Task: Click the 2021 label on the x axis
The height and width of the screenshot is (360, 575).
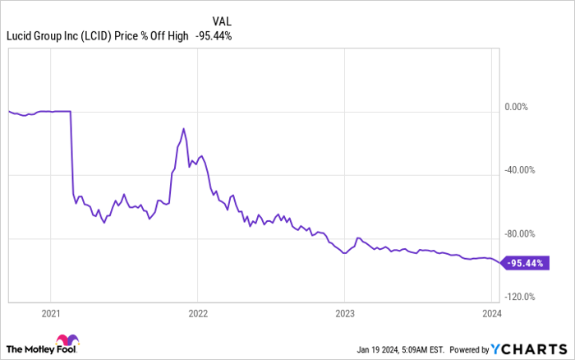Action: click(51, 314)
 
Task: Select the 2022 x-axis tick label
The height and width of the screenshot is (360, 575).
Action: click(198, 314)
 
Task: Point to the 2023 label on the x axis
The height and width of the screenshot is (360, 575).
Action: click(345, 314)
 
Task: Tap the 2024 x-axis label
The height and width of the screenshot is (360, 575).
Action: click(492, 314)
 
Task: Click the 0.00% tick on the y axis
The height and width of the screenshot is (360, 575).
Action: click(517, 107)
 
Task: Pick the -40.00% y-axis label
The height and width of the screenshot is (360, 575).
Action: click(519, 170)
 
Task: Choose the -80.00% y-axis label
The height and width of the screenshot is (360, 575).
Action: click(519, 233)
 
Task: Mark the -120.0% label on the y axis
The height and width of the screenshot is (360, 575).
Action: click(520, 297)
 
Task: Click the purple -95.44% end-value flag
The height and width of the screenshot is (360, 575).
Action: click(525, 263)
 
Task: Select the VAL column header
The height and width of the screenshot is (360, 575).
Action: click(222, 21)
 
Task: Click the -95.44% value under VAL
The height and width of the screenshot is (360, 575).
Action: click(214, 36)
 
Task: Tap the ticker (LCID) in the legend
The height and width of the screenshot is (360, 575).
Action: click(96, 36)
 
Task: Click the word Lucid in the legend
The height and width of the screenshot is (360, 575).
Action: click(19, 36)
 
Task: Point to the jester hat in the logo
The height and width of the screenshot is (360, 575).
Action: click(67, 339)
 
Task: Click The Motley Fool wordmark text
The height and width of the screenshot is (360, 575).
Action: click(41, 349)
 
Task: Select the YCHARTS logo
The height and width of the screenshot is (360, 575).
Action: click(529, 349)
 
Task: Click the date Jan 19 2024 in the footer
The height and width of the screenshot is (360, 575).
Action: click(378, 349)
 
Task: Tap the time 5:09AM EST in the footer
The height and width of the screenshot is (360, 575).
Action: click(422, 349)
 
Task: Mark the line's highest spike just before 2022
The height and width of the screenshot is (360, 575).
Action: click(183, 128)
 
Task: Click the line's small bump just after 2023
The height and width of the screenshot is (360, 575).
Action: click(358, 238)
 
